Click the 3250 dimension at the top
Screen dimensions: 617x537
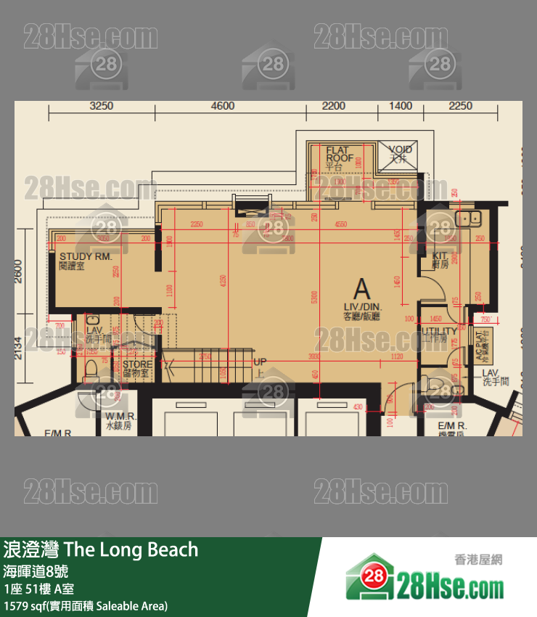click(x=101, y=106)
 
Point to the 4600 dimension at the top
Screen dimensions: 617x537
click(x=222, y=106)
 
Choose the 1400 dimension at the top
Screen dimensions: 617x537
click(x=401, y=106)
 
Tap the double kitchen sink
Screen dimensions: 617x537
click(x=470, y=217)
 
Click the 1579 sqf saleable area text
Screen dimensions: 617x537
click(x=86, y=605)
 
